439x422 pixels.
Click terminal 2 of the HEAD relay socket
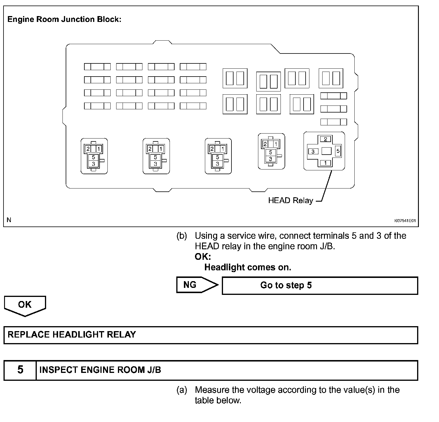(325, 139)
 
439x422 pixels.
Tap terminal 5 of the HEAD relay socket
(338, 151)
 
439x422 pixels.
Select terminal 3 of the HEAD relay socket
(313, 151)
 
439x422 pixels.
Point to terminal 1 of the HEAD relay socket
(325, 163)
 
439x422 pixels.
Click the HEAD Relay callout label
(290, 200)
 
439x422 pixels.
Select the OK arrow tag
(25, 305)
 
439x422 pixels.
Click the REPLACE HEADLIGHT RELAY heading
(72, 335)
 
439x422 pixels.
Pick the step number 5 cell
(20, 370)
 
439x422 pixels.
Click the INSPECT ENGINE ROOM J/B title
(100, 370)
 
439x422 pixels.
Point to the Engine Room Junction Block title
(64, 20)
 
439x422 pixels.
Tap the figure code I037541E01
(405, 221)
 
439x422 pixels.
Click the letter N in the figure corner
(9, 220)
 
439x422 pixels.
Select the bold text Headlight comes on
(248, 267)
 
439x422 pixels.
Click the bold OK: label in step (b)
(203, 257)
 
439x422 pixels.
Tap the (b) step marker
(182, 236)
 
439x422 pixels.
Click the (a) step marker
(182, 390)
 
